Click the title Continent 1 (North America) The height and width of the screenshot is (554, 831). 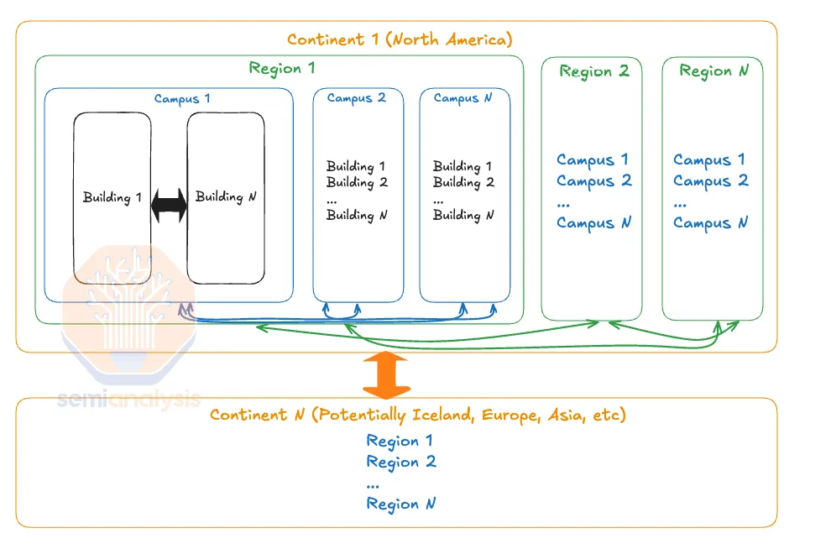click(x=400, y=39)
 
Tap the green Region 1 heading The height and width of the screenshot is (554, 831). click(x=282, y=68)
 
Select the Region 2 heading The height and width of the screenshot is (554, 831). click(x=594, y=71)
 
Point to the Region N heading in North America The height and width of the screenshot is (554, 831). click(x=713, y=71)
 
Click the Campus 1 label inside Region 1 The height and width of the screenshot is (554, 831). click(x=182, y=98)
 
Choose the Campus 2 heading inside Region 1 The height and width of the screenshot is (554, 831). click(x=356, y=98)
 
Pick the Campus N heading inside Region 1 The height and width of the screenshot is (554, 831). click(x=463, y=98)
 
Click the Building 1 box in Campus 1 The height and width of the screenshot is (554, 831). click(x=112, y=198)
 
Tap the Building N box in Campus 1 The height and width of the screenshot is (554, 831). click(x=226, y=198)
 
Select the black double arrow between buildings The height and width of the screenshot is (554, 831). click(x=169, y=205)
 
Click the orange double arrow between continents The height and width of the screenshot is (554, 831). click(x=386, y=375)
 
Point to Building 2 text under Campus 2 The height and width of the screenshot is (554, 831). click(x=357, y=183)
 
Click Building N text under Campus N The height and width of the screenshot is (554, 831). click(x=463, y=215)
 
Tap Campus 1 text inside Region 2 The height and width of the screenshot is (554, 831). click(x=593, y=160)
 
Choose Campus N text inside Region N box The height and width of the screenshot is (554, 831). click(x=710, y=223)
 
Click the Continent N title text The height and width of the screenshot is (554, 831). click(x=418, y=415)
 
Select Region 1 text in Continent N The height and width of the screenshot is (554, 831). click(x=400, y=441)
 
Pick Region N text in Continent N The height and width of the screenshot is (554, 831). click(x=400, y=504)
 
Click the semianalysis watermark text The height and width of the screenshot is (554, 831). click(x=128, y=399)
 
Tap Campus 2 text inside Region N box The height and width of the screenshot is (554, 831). click(x=710, y=181)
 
